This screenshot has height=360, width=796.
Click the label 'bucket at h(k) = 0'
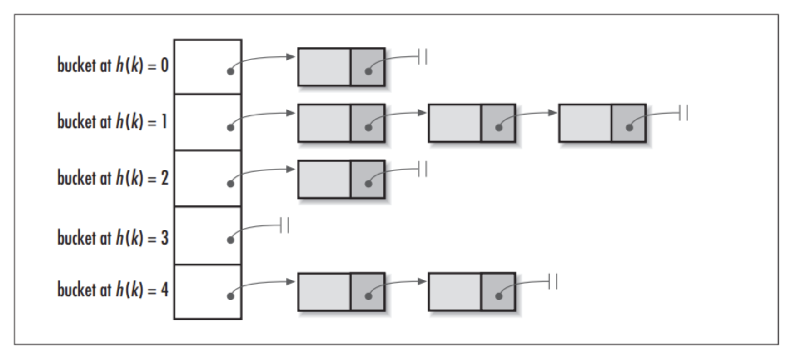click(113, 65)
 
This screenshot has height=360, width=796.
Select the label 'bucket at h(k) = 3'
click(113, 238)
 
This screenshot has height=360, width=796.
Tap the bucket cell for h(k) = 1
click(208, 122)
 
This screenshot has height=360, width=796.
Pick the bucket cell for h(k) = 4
click(208, 292)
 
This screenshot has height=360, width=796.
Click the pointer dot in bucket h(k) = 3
click(230, 240)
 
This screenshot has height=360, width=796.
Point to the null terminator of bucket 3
click(285, 225)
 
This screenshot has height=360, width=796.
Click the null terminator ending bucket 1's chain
click(683, 113)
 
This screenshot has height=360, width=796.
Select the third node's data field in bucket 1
click(585, 123)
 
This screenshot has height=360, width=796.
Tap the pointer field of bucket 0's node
click(368, 67)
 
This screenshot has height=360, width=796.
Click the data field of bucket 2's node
click(324, 179)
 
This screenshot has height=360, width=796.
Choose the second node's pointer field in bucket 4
click(498, 292)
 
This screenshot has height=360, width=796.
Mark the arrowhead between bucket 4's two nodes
click(422, 281)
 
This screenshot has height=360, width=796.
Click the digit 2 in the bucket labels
click(164, 178)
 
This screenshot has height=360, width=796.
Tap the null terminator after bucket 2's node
click(423, 170)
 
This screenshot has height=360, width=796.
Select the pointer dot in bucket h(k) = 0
click(230, 71)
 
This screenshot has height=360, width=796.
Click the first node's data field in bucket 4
click(324, 292)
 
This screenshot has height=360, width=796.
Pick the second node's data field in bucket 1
click(454, 123)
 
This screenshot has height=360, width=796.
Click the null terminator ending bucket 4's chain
click(553, 282)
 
